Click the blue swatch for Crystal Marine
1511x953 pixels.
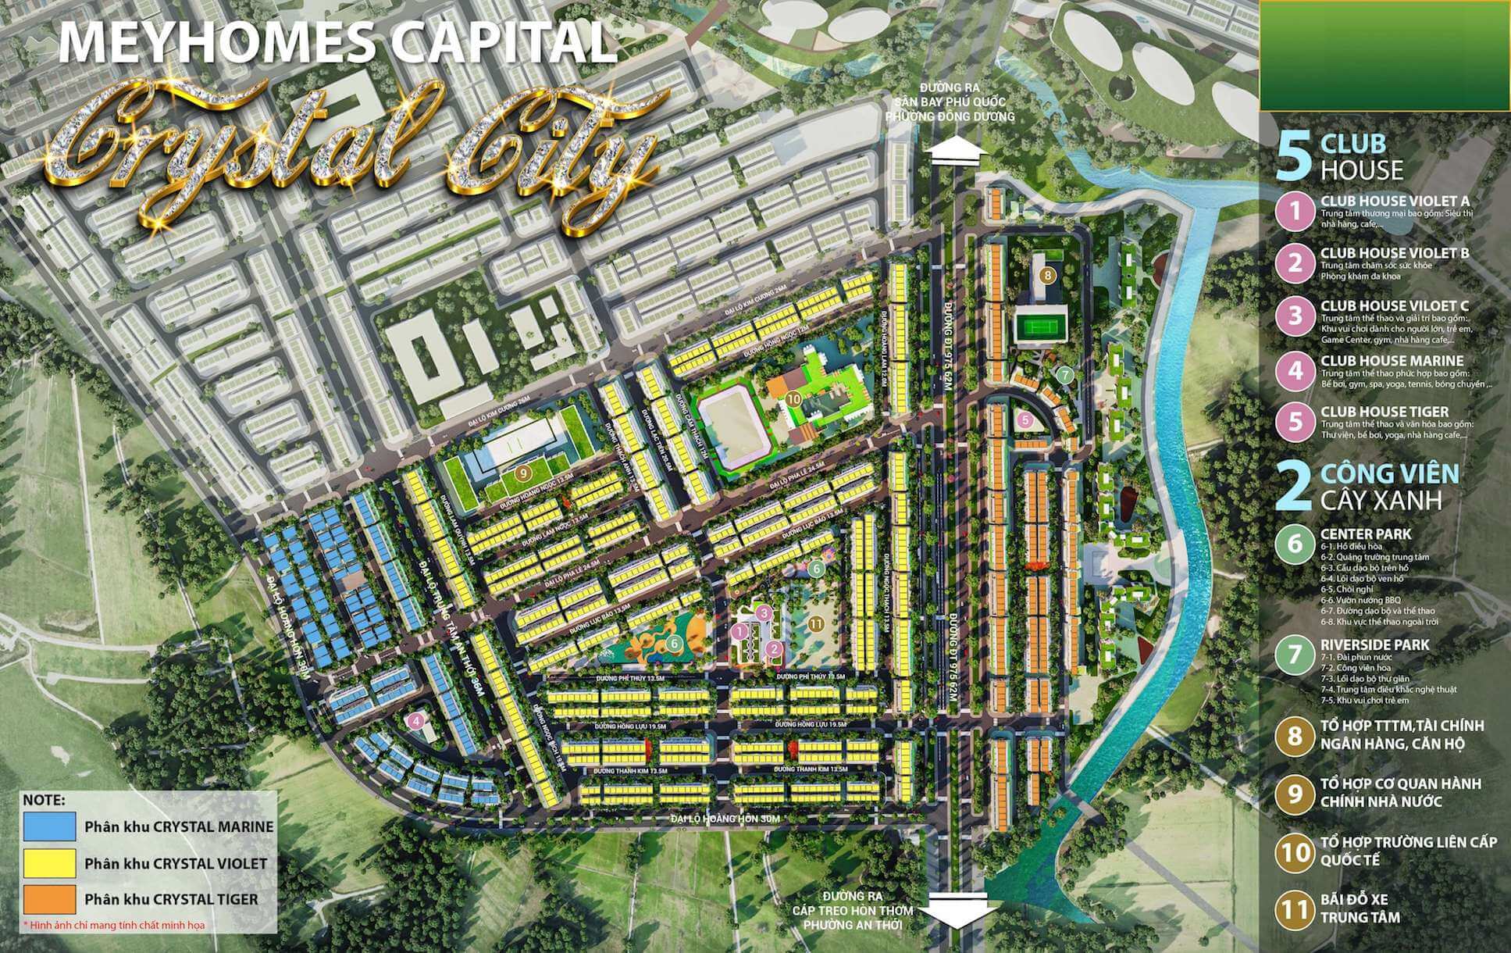50,826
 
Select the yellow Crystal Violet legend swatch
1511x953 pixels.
50,863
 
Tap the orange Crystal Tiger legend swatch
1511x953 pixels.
50,899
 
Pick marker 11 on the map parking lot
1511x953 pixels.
815,623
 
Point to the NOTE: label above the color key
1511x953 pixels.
45,801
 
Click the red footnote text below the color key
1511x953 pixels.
114,926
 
